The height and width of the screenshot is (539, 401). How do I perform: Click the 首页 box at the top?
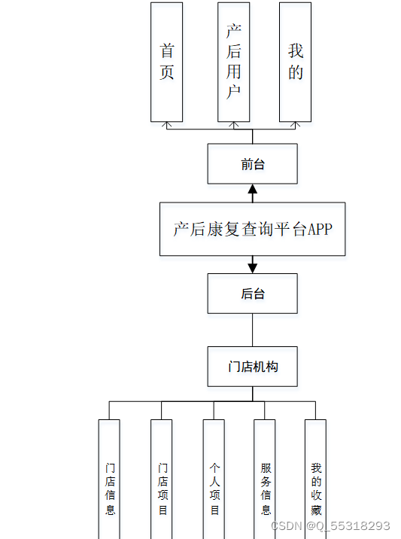[x=166, y=62]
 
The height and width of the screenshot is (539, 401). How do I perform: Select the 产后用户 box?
[x=233, y=62]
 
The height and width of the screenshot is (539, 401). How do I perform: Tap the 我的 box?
[x=295, y=62]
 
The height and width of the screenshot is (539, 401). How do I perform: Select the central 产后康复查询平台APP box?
[x=253, y=229]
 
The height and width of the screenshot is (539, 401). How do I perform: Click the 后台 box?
[x=253, y=294]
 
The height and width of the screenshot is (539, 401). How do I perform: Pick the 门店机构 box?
[x=253, y=367]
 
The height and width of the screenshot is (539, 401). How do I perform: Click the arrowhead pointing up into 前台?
[x=253, y=188]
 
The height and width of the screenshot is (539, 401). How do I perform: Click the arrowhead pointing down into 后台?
[x=253, y=267]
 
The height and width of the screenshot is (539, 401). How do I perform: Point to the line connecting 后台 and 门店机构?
[x=253, y=330]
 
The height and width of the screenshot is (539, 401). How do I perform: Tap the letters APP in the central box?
[x=319, y=230]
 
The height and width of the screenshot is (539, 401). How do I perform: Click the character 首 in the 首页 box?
[x=166, y=50]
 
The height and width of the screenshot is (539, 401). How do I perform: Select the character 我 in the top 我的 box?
[x=295, y=50]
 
